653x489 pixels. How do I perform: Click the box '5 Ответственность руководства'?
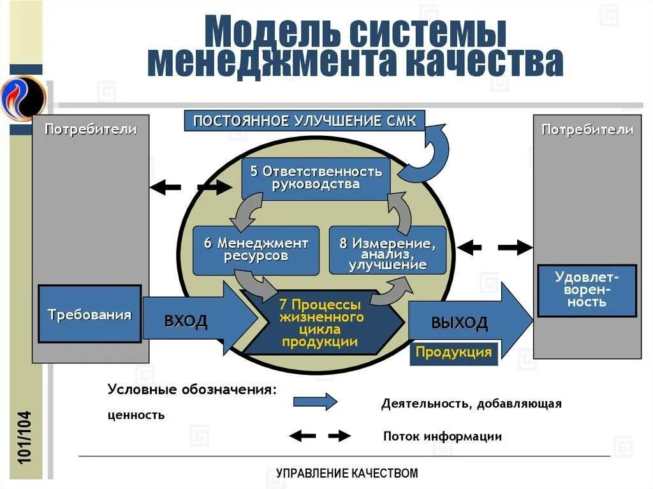pos(316,178)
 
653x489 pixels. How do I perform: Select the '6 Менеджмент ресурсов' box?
pos(256,250)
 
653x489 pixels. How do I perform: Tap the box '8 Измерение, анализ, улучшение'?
pos(387,251)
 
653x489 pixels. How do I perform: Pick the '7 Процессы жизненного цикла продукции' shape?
pos(322,323)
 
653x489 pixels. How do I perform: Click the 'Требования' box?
pos(90,314)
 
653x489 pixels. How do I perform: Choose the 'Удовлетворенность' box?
pos(587,290)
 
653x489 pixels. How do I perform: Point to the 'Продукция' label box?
pos(453,353)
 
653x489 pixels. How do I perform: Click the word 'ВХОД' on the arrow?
pos(186,320)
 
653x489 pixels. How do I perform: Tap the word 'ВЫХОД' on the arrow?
pos(459,322)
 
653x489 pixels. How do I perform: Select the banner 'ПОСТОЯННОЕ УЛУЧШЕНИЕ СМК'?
pos(304,121)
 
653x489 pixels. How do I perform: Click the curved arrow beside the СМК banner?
pos(430,153)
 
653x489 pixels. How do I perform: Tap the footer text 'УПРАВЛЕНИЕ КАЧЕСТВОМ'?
pos(347,473)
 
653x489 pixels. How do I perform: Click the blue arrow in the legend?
pos(315,402)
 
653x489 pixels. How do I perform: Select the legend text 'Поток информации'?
pos(442,437)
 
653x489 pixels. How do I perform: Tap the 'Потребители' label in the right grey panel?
pos(587,129)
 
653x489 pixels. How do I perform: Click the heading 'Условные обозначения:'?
pos(192,390)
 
